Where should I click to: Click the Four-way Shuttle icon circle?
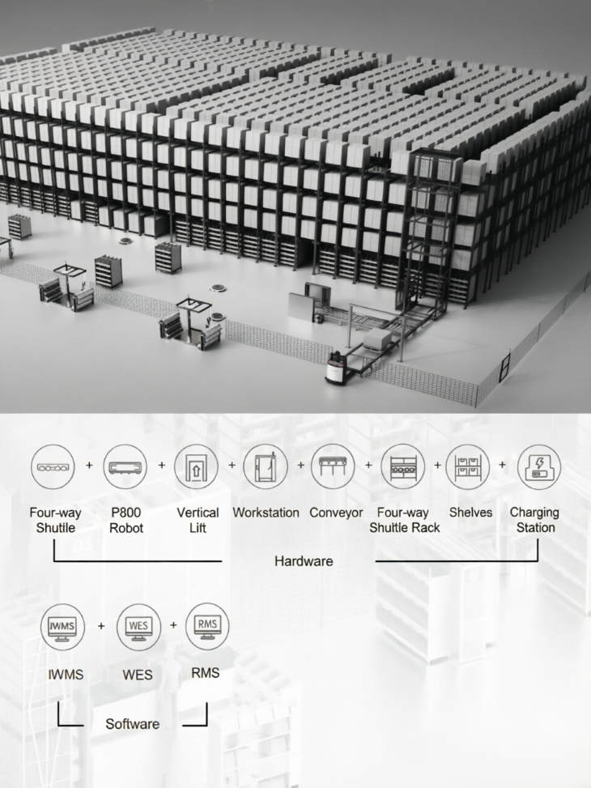click(x=53, y=466)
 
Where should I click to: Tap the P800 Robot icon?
click(x=125, y=466)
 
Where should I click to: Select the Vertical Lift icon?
click(x=196, y=466)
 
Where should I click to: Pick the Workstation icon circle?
click(x=266, y=466)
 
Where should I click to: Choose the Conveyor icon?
click(x=333, y=466)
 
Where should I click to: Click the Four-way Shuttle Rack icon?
click(x=402, y=466)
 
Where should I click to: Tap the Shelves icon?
click(x=468, y=466)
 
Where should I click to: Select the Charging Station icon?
click(x=539, y=466)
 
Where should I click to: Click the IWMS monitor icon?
click(x=62, y=628)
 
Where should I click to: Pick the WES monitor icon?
click(x=138, y=627)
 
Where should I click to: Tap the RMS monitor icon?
click(x=207, y=626)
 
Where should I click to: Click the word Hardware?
click(x=304, y=561)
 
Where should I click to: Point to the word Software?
click(x=133, y=724)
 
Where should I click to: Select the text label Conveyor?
click(x=336, y=513)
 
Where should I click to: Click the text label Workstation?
click(x=266, y=513)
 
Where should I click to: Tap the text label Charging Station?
click(x=534, y=520)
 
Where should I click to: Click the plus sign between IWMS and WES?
click(x=101, y=626)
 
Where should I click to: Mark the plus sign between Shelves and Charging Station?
click(x=503, y=465)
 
